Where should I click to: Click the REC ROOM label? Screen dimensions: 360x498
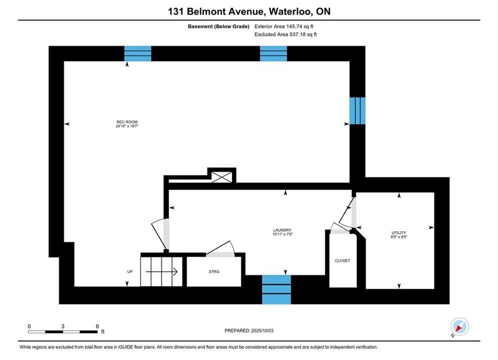(127, 122)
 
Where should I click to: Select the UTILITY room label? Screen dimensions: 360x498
(399, 232)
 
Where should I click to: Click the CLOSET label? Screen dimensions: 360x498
(342, 261)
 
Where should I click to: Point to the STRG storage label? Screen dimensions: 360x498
(214, 271)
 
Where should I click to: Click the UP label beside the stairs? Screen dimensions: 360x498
(130, 271)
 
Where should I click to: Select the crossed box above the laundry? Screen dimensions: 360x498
(221, 176)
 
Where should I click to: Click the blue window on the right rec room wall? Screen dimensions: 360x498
(357, 110)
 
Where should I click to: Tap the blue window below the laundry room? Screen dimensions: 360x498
(276, 289)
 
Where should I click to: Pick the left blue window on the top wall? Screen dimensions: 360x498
(138, 53)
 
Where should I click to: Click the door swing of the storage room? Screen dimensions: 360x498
(220, 249)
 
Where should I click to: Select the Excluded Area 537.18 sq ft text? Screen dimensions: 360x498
(285, 34)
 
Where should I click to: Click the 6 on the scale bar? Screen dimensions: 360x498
(97, 325)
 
